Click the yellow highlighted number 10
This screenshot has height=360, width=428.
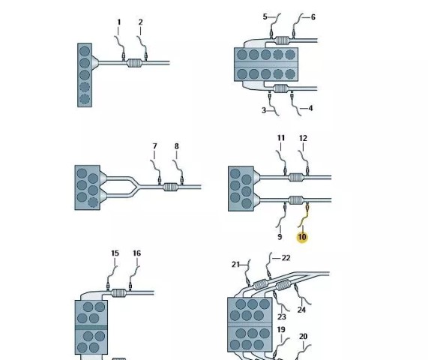[302, 237]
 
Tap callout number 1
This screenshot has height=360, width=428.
[118, 22]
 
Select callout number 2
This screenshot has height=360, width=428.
[141, 22]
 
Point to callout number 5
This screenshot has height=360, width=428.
[265, 16]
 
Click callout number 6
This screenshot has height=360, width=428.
[313, 17]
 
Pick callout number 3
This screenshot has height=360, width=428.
[264, 110]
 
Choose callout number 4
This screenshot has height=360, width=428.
[310, 108]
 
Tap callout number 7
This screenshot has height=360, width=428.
[154, 146]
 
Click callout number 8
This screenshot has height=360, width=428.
[177, 146]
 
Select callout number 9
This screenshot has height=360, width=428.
[280, 237]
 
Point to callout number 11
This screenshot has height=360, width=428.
[281, 138]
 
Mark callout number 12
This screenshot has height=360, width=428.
[303, 138]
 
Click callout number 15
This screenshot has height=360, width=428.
[115, 253]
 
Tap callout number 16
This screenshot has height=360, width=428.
[136, 253]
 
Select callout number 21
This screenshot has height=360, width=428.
[235, 265]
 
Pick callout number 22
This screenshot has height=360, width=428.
[286, 258]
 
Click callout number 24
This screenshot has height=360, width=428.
[301, 310]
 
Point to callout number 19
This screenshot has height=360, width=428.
[281, 330]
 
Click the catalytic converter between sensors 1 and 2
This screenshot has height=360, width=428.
[135, 63]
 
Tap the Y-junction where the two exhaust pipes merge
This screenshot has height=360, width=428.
[136, 185]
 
